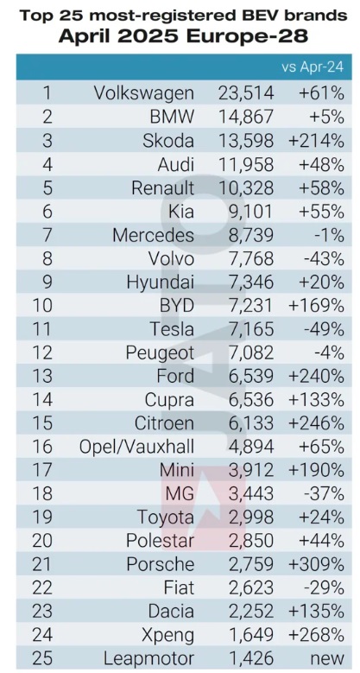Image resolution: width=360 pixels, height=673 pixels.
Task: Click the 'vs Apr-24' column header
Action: click(313, 67)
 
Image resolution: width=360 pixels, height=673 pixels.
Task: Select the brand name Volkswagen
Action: click(144, 93)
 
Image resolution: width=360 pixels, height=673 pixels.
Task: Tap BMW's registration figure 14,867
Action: click(246, 117)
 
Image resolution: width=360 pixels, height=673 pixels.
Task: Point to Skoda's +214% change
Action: click(317, 141)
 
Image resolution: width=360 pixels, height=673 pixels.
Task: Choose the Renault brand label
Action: click(162, 188)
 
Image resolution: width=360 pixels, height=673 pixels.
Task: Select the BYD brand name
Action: click(178, 306)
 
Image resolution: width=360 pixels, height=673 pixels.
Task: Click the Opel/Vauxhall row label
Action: click(137, 448)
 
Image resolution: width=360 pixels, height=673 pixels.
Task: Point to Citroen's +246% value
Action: click(317, 423)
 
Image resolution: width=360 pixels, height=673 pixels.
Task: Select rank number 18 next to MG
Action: click(43, 494)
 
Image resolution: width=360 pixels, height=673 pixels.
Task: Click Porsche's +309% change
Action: click(317, 565)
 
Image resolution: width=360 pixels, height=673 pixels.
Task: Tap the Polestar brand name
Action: click(160, 541)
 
